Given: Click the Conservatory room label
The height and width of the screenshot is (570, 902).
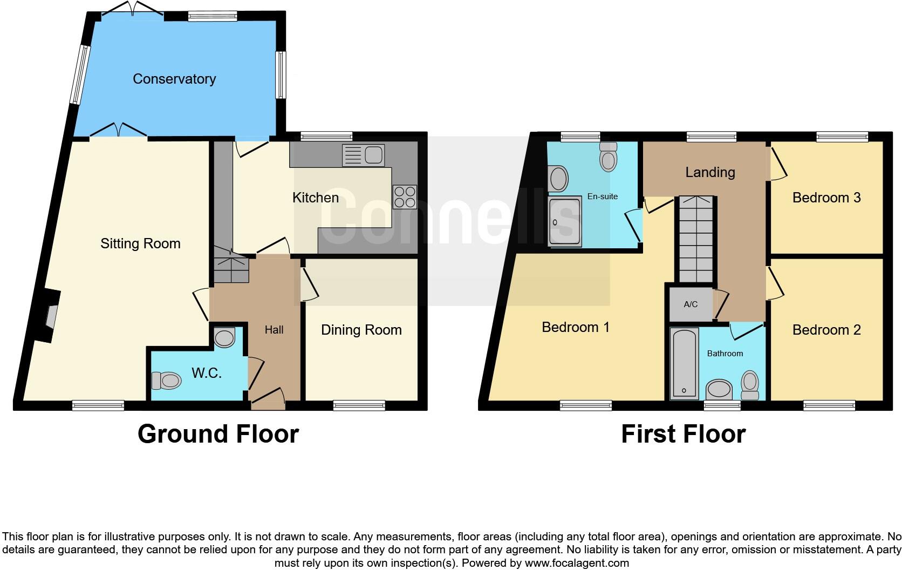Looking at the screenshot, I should [x=174, y=79].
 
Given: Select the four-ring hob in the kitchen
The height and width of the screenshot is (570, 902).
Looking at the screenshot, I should [x=405, y=197].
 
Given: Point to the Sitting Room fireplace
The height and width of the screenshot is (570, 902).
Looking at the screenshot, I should [x=50, y=316].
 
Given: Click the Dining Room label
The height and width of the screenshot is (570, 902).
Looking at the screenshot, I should [x=361, y=330].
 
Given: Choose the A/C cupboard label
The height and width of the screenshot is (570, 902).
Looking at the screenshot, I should [x=691, y=304].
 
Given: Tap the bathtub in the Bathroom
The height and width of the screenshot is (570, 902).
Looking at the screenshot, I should [x=684, y=363].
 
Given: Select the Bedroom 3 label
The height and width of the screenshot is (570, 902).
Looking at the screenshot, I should [x=826, y=198].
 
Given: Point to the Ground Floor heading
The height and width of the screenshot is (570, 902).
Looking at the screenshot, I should [x=218, y=434].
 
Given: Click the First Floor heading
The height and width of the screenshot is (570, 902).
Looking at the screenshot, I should [x=683, y=434].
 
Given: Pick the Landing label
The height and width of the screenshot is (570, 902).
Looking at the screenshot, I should [x=710, y=172].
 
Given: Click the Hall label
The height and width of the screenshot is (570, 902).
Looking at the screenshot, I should [x=274, y=330].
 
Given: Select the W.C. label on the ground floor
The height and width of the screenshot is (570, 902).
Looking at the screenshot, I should [x=207, y=373].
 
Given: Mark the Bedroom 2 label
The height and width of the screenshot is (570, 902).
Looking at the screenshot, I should [x=826, y=330].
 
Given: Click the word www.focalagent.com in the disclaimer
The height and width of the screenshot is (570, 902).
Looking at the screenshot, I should [x=577, y=563].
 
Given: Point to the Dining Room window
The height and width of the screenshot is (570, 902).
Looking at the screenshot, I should [x=359, y=405].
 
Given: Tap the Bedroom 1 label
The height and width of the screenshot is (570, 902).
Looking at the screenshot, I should [x=576, y=327].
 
